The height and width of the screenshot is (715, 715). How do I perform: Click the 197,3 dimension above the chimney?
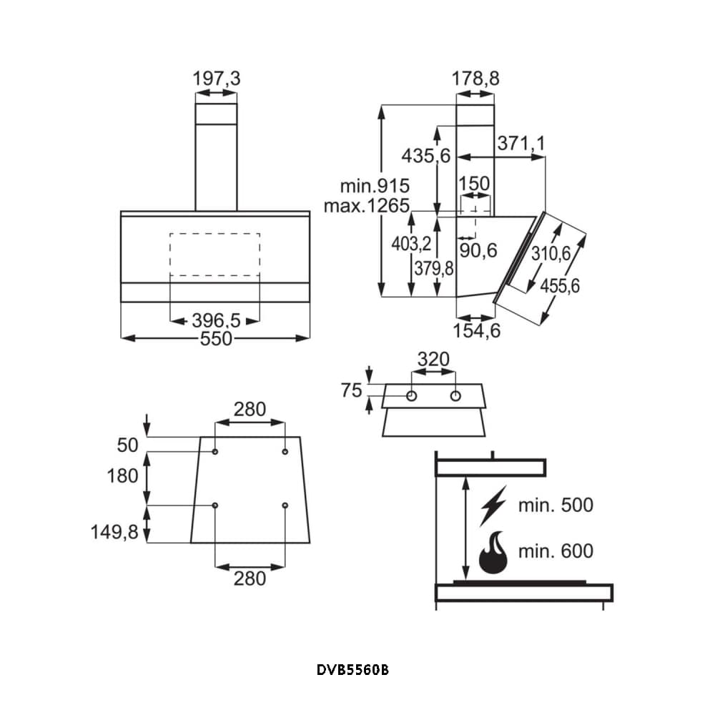pos(216,79)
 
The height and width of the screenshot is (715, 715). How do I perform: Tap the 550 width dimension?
pos(216,339)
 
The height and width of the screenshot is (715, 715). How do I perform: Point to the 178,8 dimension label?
pos(475,79)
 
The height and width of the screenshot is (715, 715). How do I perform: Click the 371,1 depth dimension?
pos(521,144)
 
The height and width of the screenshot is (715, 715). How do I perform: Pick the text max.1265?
pos(365,207)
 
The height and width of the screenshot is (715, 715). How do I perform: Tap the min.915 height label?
pos(370,187)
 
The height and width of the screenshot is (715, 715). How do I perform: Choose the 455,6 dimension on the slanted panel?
pos(560,286)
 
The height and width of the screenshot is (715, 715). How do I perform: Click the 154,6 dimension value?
pos(475,330)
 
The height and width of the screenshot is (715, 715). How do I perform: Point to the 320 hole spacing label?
pos(433,359)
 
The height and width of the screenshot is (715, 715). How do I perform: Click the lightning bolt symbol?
pos(493,506)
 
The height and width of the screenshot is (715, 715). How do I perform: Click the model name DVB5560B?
pos(353,671)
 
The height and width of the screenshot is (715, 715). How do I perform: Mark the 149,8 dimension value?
pos(114,532)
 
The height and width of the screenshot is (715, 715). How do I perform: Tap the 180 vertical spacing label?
pos(122,475)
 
